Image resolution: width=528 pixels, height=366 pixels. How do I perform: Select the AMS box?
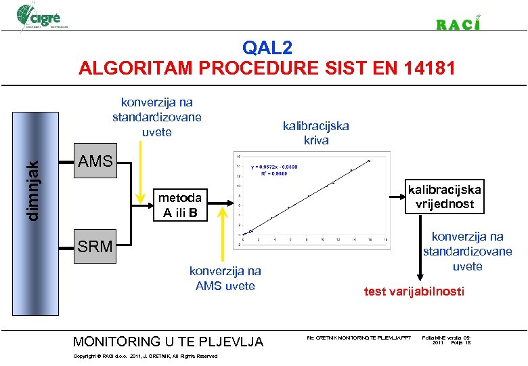pos(95,162)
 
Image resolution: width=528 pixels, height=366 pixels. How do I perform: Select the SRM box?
pos(95,246)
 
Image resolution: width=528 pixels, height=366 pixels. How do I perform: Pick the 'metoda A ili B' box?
pos(179,205)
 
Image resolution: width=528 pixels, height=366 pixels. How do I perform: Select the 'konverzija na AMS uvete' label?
pos(225,279)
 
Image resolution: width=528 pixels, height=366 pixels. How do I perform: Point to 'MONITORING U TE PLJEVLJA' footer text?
pos(168,341)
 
